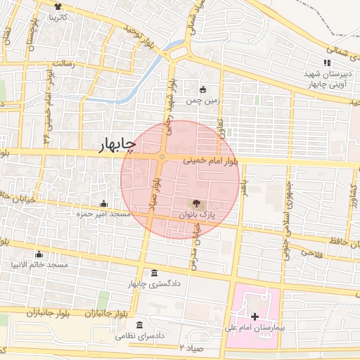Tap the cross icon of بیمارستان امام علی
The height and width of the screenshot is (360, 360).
(254, 317)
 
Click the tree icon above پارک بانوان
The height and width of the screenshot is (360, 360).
(195, 203)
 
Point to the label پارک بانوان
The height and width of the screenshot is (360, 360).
(196, 214)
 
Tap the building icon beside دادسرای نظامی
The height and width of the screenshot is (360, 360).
(140, 326)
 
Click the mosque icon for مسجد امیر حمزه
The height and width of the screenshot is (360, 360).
(103, 203)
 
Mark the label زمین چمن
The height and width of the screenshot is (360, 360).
(203, 101)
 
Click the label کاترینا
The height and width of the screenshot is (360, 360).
(57, 16)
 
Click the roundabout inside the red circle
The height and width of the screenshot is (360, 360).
(162, 156)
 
